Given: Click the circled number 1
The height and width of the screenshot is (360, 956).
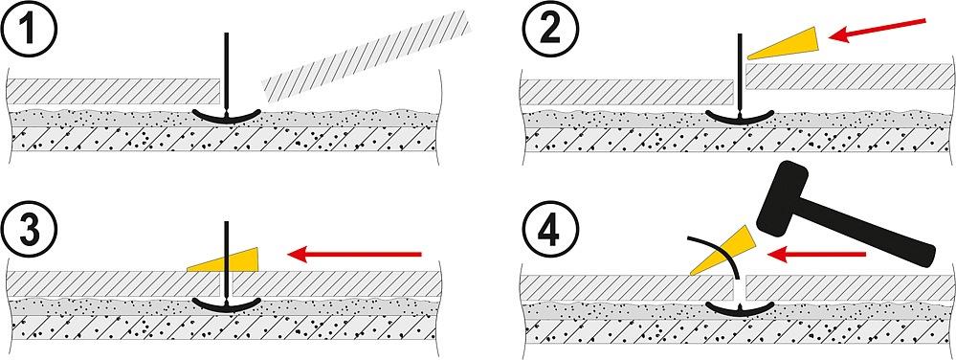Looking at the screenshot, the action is pyautogui.click(x=31, y=31).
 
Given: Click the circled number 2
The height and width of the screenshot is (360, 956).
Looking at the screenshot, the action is pyautogui.click(x=548, y=31).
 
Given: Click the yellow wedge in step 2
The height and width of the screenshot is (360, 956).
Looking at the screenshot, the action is pyautogui.click(x=787, y=45).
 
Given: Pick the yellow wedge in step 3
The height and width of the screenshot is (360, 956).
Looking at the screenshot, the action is pyautogui.click(x=226, y=259).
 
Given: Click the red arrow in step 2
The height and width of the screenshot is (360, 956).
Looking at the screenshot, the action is pyautogui.click(x=877, y=31).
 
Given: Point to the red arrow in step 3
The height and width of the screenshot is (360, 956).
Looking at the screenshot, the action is pyautogui.click(x=354, y=253).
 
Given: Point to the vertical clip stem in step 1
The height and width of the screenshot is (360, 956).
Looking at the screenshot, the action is pyautogui.click(x=226, y=73).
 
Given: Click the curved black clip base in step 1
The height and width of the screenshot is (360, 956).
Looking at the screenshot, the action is pyautogui.click(x=226, y=117).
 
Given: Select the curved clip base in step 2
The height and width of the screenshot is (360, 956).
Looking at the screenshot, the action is pyautogui.click(x=740, y=117).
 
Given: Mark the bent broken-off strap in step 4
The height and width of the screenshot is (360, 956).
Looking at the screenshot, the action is pyautogui.click(x=719, y=259).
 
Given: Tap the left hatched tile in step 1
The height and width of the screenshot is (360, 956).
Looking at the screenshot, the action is pyautogui.click(x=113, y=92).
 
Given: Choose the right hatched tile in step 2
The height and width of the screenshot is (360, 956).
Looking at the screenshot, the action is pyautogui.click(x=848, y=77).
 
